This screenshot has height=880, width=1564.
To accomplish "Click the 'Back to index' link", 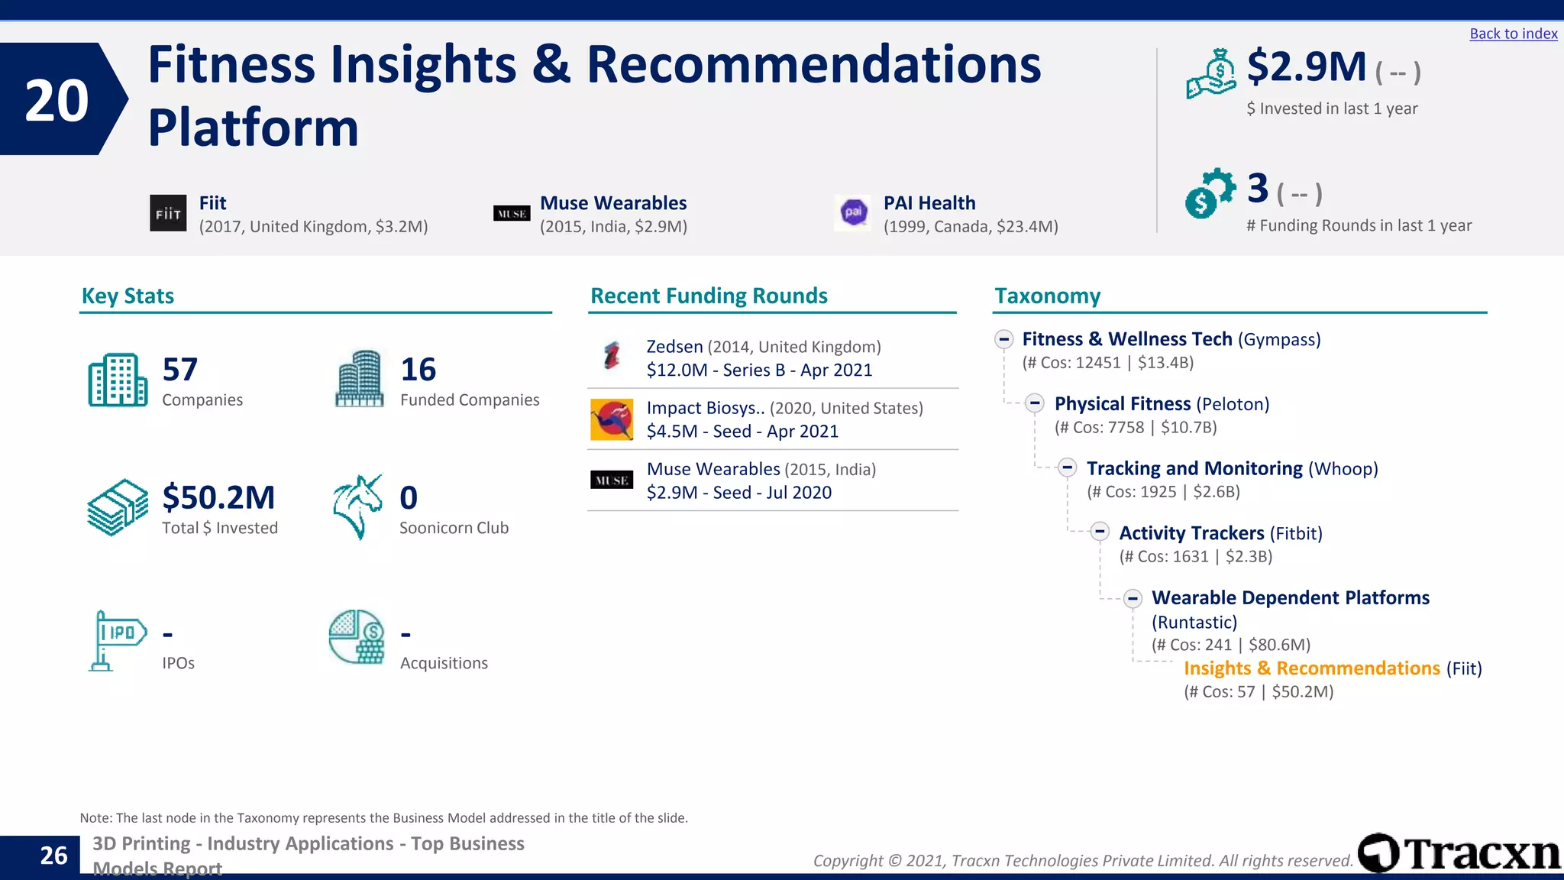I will point(1513,34).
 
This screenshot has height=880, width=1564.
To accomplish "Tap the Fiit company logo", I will point(168,213).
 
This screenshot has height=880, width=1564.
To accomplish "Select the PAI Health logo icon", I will point(853,212).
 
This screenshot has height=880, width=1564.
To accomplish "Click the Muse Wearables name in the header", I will point(613,203).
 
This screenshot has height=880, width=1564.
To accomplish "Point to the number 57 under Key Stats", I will point(180,370).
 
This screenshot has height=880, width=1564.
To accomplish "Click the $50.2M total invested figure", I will point(218,497).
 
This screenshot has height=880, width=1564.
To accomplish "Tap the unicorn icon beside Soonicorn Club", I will point(358,506).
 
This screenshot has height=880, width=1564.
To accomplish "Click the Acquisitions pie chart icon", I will point(357,637).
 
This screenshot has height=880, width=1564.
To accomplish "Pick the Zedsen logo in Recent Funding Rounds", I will point(612,356).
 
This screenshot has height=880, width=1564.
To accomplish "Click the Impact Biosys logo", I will point(612,419).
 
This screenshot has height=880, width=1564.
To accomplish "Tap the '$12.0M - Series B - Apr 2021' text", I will point(759,370).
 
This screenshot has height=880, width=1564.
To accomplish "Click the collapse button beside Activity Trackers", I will point(1100,532).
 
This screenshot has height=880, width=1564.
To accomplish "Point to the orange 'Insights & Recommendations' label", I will point(1311,668).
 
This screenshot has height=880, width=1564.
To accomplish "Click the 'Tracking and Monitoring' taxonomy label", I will point(1194,468).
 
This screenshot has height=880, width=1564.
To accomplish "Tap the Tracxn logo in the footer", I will point(1459,853).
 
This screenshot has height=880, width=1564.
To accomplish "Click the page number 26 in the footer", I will point(53,856).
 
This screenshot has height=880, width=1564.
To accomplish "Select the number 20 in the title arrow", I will point(57,100).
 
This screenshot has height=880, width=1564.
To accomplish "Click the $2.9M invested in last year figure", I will point(1306,67).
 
